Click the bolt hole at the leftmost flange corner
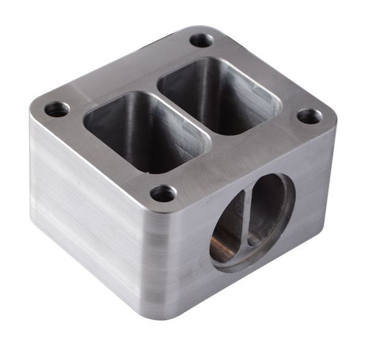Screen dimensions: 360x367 (57, 110)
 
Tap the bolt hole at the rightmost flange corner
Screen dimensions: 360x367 (310, 116)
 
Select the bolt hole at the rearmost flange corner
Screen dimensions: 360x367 (201, 40)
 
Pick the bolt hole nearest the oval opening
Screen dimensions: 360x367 (163, 194)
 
